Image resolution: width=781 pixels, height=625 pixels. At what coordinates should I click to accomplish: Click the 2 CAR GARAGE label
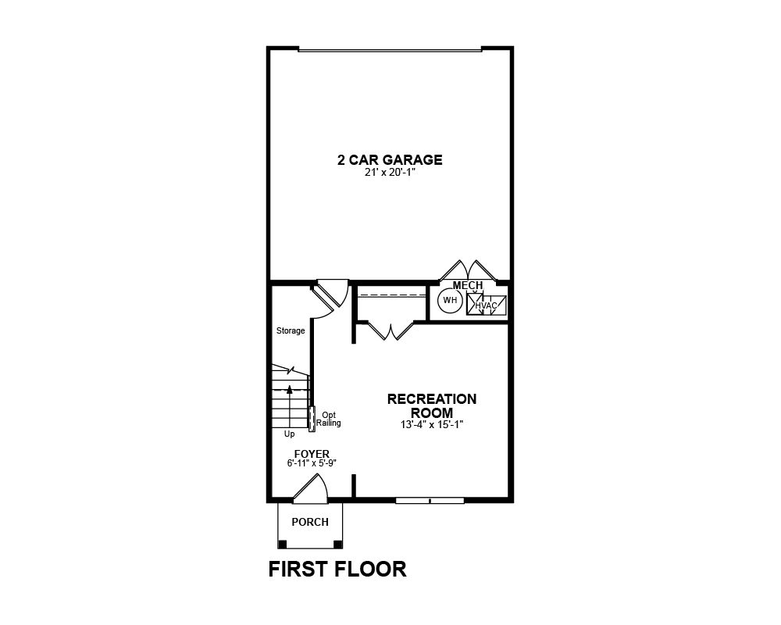click(390, 160)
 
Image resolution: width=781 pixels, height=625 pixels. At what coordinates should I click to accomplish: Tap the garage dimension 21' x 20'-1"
click(390, 173)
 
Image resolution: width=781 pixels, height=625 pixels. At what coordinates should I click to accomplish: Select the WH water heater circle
click(450, 301)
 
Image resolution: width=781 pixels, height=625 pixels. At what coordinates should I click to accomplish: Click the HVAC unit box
click(486, 305)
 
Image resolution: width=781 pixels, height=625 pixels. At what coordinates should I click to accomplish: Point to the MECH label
click(468, 285)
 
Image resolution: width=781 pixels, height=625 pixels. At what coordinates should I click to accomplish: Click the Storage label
click(291, 330)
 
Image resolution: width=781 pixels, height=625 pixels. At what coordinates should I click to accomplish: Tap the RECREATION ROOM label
click(432, 405)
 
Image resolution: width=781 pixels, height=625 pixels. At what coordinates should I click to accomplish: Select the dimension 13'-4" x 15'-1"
click(432, 425)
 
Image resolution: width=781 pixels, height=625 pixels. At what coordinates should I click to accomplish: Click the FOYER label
click(312, 454)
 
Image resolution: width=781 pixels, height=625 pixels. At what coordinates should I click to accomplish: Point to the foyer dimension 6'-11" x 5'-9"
click(312, 463)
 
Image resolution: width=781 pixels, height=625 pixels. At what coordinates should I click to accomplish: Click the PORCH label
click(310, 522)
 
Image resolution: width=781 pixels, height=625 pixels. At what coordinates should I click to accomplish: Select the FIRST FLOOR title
click(337, 570)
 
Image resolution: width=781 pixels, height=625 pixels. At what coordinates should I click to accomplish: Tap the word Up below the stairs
click(290, 434)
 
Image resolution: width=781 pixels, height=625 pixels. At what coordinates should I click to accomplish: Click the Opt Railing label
click(329, 420)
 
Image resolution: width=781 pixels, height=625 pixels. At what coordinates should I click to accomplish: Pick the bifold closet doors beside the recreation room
click(391, 331)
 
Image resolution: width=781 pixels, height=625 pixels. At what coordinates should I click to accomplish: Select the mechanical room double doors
click(468, 270)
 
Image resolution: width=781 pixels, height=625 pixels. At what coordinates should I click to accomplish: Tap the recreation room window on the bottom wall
click(430, 501)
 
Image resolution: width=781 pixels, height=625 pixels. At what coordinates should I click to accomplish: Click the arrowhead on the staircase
click(290, 389)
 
